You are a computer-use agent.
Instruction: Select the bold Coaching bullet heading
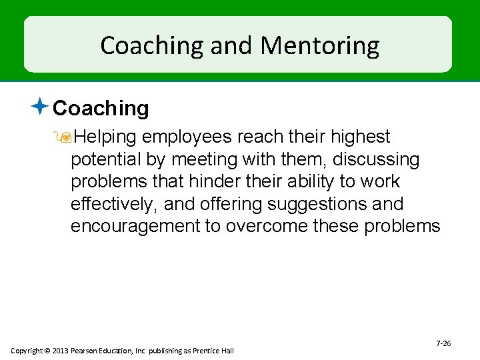(101, 108)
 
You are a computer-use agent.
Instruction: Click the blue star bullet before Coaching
(41, 106)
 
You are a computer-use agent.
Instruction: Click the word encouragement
(135, 225)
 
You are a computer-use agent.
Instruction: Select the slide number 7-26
(443, 343)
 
